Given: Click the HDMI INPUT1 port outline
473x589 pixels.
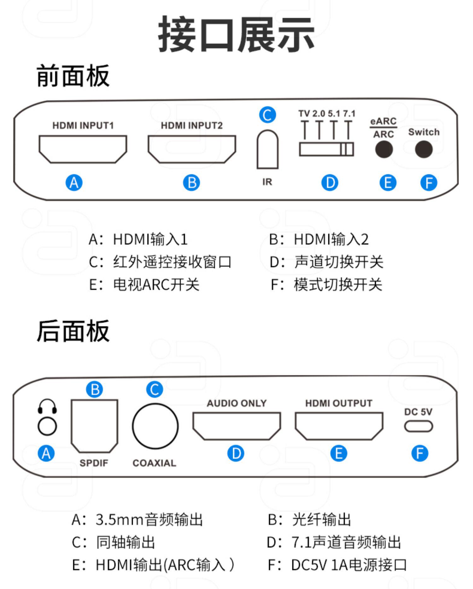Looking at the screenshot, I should (x=83, y=149).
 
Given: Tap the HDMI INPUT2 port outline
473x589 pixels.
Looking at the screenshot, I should (x=192, y=149).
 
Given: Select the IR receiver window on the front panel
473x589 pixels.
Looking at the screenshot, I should (x=267, y=150).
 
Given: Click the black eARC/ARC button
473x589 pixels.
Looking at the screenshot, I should (x=384, y=149).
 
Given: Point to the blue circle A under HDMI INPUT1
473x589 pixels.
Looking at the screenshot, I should (x=74, y=183).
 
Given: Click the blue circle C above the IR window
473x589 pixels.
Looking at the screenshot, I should (x=267, y=115).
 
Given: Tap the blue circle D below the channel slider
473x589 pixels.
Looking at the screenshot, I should (x=330, y=183).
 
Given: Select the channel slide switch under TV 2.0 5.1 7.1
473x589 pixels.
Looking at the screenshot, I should (x=326, y=149).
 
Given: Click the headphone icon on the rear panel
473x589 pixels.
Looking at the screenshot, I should (x=47, y=407).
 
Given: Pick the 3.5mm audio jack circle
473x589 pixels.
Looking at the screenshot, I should (x=47, y=426).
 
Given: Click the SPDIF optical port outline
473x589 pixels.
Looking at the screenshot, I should (x=94, y=425).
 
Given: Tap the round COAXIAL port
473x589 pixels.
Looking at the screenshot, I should (x=155, y=426).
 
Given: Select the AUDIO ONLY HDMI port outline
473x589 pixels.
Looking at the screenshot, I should (x=237, y=426).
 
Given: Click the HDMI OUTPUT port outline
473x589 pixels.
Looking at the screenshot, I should (x=339, y=426).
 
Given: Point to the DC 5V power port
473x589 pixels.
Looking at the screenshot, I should (x=418, y=426).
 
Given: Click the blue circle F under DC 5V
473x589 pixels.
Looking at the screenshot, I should (x=420, y=454).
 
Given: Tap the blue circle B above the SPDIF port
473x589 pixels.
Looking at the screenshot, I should (x=95, y=390).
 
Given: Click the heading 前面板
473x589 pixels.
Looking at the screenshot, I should (x=73, y=76).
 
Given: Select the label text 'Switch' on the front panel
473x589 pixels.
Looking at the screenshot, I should (x=423, y=132).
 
